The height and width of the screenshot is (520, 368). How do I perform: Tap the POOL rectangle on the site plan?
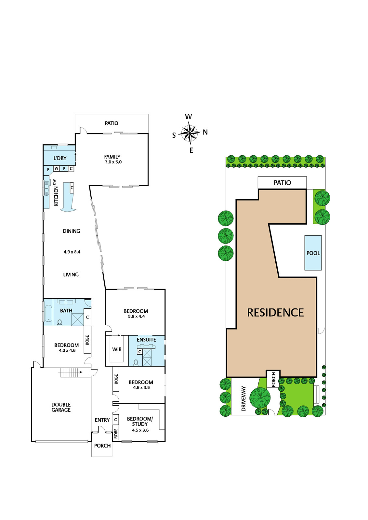pyautogui.click(x=313, y=253)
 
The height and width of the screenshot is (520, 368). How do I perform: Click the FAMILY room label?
pyautogui.click(x=112, y=157)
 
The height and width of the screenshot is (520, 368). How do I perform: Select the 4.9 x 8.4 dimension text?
pyautogui.click(x=72, y=252)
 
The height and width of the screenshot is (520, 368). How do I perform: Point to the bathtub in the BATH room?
pyautogui.click(x=48, y=313)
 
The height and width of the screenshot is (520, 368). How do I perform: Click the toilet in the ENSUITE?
pyautogui.click(x=136, y=362)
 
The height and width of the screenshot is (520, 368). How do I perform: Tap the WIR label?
pyautogui.click(x=117, y=349)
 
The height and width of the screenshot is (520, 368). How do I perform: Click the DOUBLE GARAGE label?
pyautogui.click(x=61, y=407)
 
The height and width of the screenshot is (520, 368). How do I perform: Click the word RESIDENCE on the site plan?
pyautogui.click(x=275, y=312)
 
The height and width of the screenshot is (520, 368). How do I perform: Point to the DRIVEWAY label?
pyautogui.click(x=243, y=398)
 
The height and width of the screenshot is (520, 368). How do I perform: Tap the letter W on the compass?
pyautogui.click(x=188, y=117)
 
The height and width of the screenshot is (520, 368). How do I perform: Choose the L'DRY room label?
pyautogui.click(x=60, y=158)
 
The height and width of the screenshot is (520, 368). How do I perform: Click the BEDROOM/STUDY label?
pyautogui.click(x=140, y=421)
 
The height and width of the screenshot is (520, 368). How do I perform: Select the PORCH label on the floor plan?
pyautogui.click(x=102, y=446)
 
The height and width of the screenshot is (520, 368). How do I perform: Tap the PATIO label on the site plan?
pyautogui.click(x=282, y=183)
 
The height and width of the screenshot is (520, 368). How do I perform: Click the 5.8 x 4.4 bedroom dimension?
pyautogui.click(x=137, y=317)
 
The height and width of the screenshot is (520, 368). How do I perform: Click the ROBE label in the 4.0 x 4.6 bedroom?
pyautogui.click(x=87, y=340)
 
